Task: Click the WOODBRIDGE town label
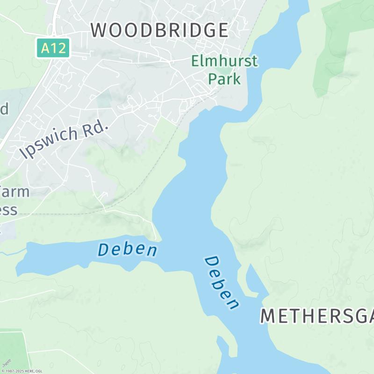click(159, 30)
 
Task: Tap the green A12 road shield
click(53, 48)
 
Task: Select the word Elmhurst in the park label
click(224, 61)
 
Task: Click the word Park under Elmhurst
click(224, 78)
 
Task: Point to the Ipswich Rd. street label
click(65, 139)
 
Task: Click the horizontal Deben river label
click(127, 249)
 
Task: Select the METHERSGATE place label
click(317, 316)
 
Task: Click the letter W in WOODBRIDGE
click(100, 30)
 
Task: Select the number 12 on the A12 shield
click(59, 48)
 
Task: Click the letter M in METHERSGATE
click(268, 316)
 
